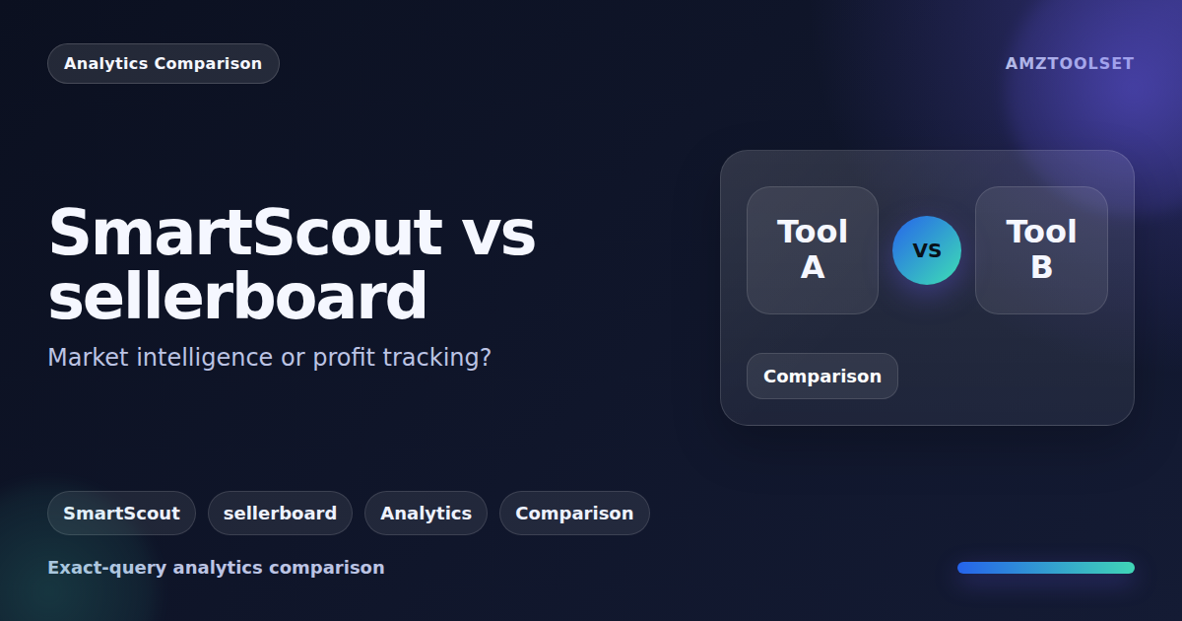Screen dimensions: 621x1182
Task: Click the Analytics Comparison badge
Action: [x=163, y=64]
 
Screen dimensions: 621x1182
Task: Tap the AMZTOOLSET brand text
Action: [x=1069, y=64]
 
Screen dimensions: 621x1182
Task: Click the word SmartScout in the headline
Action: [x=245, y=233]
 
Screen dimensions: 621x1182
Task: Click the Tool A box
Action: [x=812, y=250]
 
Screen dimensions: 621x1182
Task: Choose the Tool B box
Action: [x=1041, y=250]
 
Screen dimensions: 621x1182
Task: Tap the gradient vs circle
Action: [x=927, y=250]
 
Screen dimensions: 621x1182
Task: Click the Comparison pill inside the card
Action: [x=821, y=377]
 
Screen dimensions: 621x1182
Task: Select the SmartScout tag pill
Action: [x=121, y=514]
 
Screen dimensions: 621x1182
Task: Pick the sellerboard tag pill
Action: [x=280, y=514]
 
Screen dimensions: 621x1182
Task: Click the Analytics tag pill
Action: [x=426, y=514]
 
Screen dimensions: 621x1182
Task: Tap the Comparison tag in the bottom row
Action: [x=574, y=514]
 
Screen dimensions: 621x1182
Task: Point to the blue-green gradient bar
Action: [x=1045, y=568]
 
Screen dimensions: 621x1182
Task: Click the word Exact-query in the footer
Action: [x=107, y=568]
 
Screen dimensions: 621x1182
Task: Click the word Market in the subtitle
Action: [x=89, y=358]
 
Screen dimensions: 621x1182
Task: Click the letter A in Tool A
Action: [x=812, y=267]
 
